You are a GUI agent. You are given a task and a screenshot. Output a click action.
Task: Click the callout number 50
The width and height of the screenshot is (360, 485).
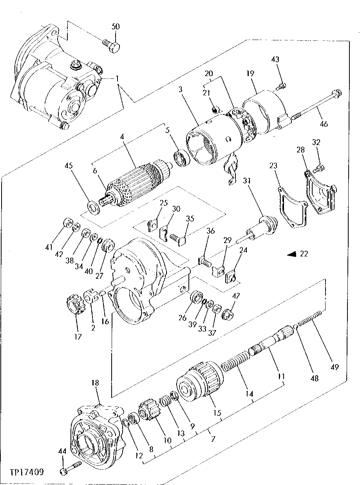(116, 27)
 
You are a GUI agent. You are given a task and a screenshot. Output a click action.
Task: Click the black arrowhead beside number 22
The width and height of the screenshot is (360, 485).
(292, 254)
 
